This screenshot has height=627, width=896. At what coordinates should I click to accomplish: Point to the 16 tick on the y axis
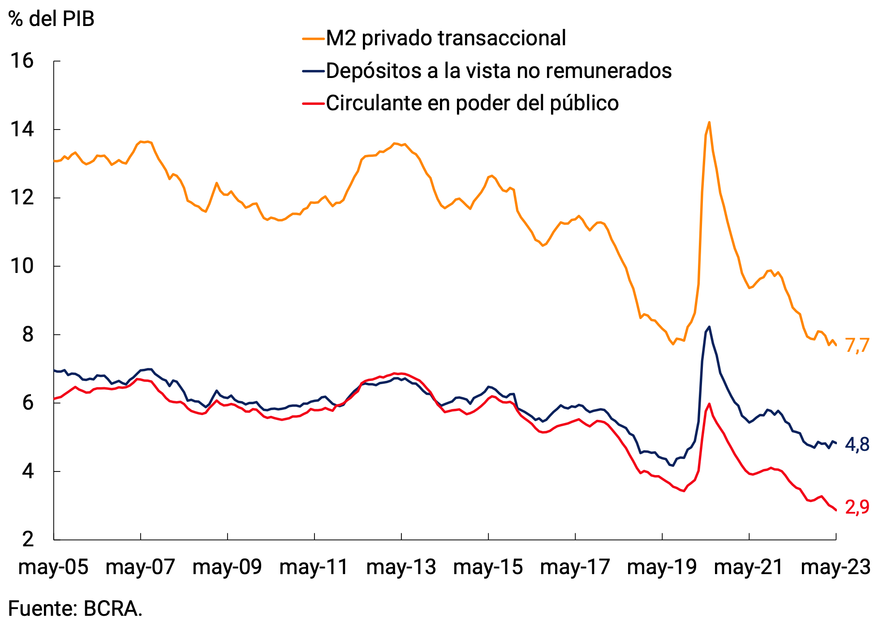pyautogui.click(x=22, y=61)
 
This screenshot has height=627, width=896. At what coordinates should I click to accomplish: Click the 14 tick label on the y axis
pyautogui.click(x=22, y=130)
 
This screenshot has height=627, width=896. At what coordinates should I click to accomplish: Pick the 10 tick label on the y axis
pyautogui.click(x=22, y=266)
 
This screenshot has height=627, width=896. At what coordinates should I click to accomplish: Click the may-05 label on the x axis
pyautogui.click(x=53, y=567)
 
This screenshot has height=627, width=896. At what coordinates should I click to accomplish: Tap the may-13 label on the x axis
pyautogui.click(x=401, y=567)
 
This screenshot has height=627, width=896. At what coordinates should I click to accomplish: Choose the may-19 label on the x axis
pyautogui.click(x=662, y=567)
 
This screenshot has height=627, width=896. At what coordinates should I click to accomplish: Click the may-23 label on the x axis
pyautogui.click(x=836, y=567)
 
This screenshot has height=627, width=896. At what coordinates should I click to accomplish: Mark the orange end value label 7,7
pyautogui.click(x=857, y=346)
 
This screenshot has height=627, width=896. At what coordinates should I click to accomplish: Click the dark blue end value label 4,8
pyautogui.click(x=857, y=445)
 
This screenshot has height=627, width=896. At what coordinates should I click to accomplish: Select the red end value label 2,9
pyautogui.click(x=857, y=507)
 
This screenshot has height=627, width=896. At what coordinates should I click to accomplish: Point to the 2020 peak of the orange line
pyautogui.click(x=709, y=122)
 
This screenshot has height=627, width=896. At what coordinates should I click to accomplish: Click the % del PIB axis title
pyautogui.click(x=52, y=19)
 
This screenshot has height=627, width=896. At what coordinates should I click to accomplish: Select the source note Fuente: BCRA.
pyautogui.click(x=75, y=609)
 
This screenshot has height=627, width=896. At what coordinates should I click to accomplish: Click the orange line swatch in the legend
pyautogui.click(x=313, y=39)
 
